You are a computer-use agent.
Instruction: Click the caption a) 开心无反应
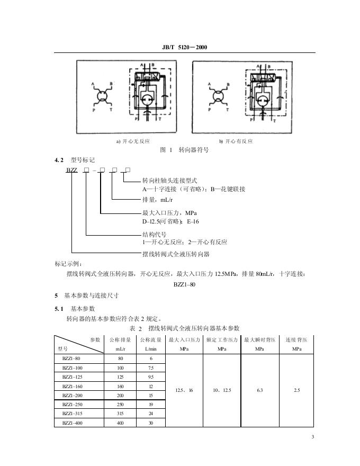coord(133,141)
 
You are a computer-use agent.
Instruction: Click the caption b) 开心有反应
coord(236,141)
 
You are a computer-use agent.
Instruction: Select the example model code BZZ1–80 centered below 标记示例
coord(185,284)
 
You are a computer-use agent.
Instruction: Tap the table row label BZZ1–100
coord(73,368)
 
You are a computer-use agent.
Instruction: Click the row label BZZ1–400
coord(73,423)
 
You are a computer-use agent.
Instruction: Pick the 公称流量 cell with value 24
coord(151,413)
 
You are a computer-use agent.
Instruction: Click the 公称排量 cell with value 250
coord(120,404)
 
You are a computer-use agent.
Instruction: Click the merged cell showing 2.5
coord(296,390)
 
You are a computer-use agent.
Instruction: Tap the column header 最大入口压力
coord(184,339)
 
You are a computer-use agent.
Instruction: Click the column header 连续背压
coord(296,339)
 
